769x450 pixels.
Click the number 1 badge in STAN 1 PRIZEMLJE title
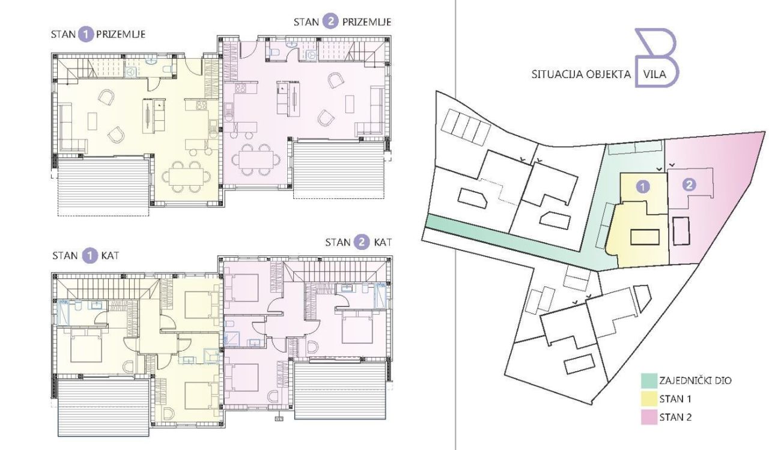click(x=87, y=34)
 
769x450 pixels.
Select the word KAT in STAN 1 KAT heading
click(x=108, y=256)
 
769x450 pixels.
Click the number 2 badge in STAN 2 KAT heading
click(x=362, y=243)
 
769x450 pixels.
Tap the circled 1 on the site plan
click(x=643, y=186)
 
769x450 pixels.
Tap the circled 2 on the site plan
click(x=689, y=185)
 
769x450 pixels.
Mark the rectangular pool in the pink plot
click(x=681, y=231)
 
